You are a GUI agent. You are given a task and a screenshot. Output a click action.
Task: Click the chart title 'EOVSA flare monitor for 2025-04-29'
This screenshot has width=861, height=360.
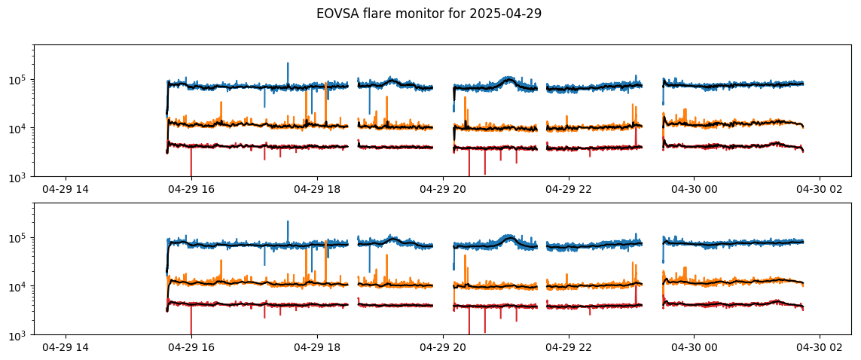point(429,14)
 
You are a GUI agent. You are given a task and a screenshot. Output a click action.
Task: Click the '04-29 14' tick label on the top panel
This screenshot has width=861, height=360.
point(66,189)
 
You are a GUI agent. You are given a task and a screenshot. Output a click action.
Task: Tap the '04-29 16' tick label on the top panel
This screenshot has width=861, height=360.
point(191,189)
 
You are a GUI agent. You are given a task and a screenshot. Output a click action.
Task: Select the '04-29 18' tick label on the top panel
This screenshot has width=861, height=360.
point(317,189)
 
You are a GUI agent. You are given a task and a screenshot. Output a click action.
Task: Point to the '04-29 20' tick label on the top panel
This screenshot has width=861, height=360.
point(443,189)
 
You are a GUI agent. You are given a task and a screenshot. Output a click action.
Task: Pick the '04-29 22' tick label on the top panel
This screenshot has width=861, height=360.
point(568,189)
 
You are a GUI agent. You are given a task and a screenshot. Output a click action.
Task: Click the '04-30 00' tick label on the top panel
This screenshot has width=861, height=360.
point(694,189)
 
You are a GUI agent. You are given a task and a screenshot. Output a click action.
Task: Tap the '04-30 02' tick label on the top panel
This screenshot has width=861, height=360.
point(820,189)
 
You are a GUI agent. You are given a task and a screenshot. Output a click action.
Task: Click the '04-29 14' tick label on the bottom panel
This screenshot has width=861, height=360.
point(66,347)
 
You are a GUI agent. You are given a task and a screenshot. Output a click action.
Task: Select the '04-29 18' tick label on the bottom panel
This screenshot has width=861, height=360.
point(317,347)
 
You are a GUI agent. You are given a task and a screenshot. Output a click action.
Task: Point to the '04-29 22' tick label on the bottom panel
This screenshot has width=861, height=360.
point(568,347)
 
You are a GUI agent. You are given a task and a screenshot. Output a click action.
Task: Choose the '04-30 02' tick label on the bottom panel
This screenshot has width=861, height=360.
point(820,347)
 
